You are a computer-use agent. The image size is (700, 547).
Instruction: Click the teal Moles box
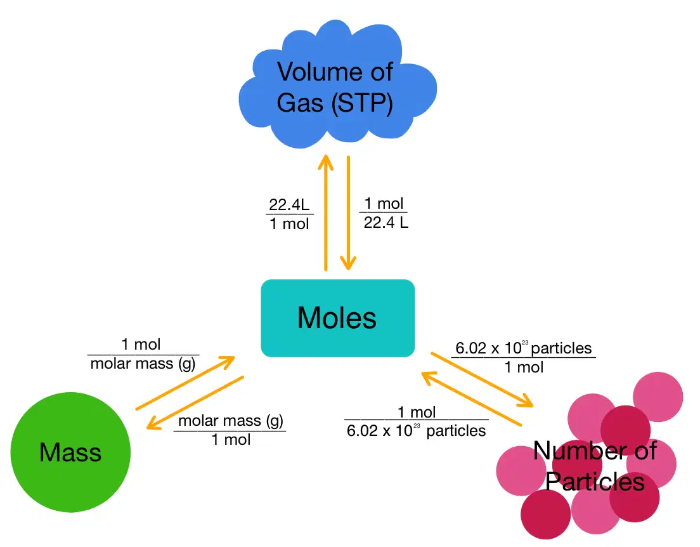click(337, 318)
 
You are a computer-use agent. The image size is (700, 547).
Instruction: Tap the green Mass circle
click(70, 452)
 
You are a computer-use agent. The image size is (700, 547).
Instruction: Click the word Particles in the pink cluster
click(595, 482)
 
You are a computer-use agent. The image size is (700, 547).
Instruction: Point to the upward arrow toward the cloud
click(325, 213)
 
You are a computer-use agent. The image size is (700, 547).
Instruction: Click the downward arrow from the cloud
click(348, 213)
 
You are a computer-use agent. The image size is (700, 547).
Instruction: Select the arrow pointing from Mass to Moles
click(185, 383)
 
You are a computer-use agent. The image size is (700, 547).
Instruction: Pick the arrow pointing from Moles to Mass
click(195, 403)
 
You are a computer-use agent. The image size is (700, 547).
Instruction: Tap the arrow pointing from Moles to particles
click(482, 380)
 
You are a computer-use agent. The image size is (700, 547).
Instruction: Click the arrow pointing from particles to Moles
click(472, 399)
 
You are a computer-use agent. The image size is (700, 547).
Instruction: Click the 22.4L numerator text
click(289, 205)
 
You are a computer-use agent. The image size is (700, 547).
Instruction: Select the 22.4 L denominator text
click(386, 222)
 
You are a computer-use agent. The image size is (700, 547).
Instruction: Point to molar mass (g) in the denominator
click(143, 364)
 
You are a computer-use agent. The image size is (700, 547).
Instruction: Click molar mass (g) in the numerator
click(231, 421)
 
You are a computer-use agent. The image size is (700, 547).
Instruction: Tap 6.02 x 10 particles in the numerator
click(523, 348)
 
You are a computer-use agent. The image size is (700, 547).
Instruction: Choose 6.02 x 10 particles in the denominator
click(416, 431)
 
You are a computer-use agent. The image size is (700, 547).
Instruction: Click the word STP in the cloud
click(362, 103)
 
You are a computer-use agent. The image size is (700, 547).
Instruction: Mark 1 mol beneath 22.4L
click(289, 223)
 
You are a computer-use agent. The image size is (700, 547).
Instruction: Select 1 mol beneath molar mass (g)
click(231, 440)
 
